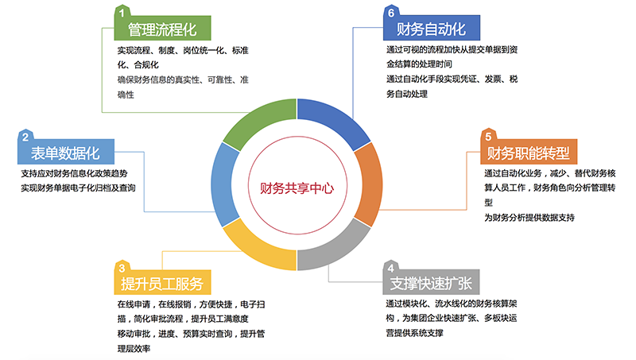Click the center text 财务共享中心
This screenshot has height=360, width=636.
[297, 188]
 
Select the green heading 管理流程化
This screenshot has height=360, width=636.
[162, 29]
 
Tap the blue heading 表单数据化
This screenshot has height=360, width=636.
[65, 153]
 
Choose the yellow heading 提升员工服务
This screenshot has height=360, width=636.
[162, 284]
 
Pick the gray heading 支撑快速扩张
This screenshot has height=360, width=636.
[431, 284]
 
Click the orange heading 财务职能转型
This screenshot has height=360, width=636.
[528, 153]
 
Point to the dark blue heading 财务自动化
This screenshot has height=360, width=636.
[431, 29]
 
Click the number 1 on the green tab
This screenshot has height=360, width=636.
[122, 13]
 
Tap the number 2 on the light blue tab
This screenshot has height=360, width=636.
[25, 137]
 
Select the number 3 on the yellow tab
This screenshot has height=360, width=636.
[122, 268]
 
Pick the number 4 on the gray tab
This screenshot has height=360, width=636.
[390, 268]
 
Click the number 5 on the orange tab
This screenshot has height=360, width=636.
[488, 137]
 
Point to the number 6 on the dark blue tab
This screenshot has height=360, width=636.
[391, 13]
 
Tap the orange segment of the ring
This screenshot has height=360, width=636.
[367, 184]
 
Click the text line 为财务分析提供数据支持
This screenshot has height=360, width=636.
[529, 217]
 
